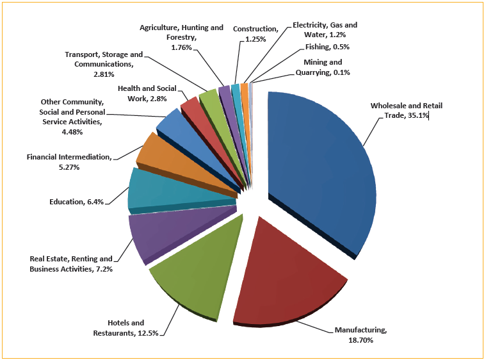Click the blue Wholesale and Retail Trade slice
click(320, 167)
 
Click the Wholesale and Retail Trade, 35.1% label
click(405, 110)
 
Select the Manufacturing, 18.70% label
click(360, 335)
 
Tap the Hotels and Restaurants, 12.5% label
click(126, 327)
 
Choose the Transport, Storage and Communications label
click(104, 64)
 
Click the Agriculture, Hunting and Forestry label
click(182, 37)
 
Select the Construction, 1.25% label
click(255, 34)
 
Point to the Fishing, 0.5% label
click(328, 47)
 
